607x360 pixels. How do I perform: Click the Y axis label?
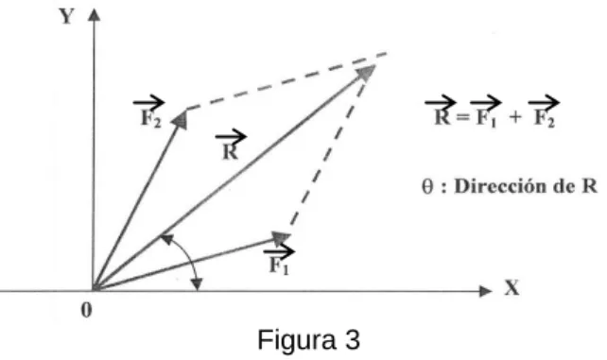[66, 17]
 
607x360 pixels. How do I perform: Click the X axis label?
[512, 288]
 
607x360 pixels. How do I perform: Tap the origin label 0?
[87, 310]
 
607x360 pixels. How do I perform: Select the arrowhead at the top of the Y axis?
[94, 15]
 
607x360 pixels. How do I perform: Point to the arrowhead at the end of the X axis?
[485, 291]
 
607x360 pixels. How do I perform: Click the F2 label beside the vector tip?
[149, 111]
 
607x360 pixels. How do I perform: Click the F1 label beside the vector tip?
[280, 260]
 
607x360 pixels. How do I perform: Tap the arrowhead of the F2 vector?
[180, 120]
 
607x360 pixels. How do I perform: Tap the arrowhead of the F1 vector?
[282, 238]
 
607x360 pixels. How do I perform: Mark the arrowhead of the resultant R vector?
[366, 73]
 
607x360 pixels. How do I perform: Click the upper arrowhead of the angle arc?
[166, 239]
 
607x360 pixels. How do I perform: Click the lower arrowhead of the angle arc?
[197, 284]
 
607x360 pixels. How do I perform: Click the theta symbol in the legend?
[427, 187]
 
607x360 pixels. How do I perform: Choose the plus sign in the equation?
[515, 117]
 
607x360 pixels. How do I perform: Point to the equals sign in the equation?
[463, 117]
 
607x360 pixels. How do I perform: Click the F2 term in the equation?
[544, 111]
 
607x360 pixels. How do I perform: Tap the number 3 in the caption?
[353, 340]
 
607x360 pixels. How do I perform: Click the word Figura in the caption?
[297, 340]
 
